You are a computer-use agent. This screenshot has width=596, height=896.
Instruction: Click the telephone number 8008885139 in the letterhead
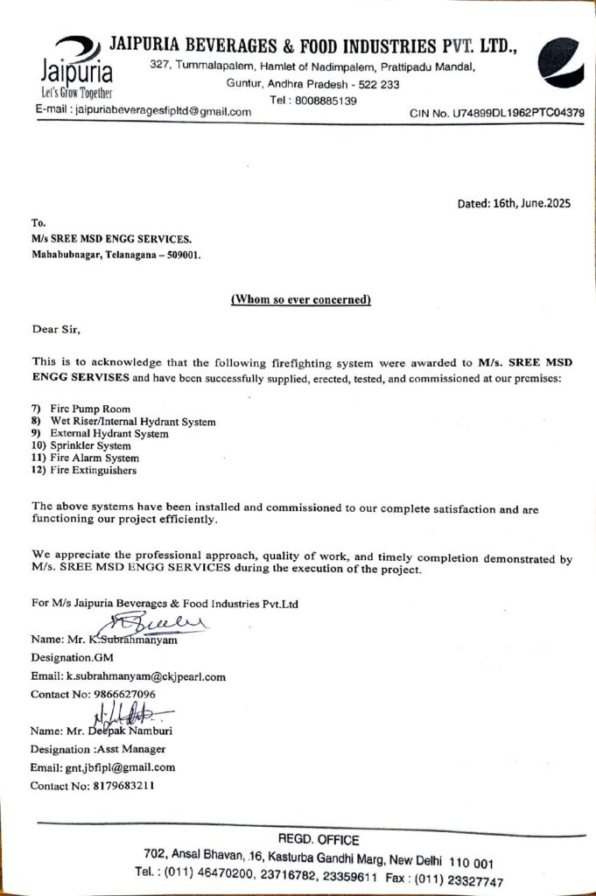pyautogui.click(x=326, y=101)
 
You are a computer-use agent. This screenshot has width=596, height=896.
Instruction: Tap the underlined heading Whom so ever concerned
pyautogui.click(x=301, y=300)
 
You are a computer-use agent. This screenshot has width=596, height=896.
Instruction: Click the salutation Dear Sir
pyautogui.click(x=55, y=330)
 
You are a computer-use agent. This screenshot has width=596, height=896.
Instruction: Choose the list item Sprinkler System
pyautogui.click(x=95, y=446)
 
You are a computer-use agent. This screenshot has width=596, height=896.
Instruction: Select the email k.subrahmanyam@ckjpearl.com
pyautogui.click(x=147, y=676)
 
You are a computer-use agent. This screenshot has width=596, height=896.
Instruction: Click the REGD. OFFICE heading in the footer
pyautogui.click(x=318, y=840)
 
